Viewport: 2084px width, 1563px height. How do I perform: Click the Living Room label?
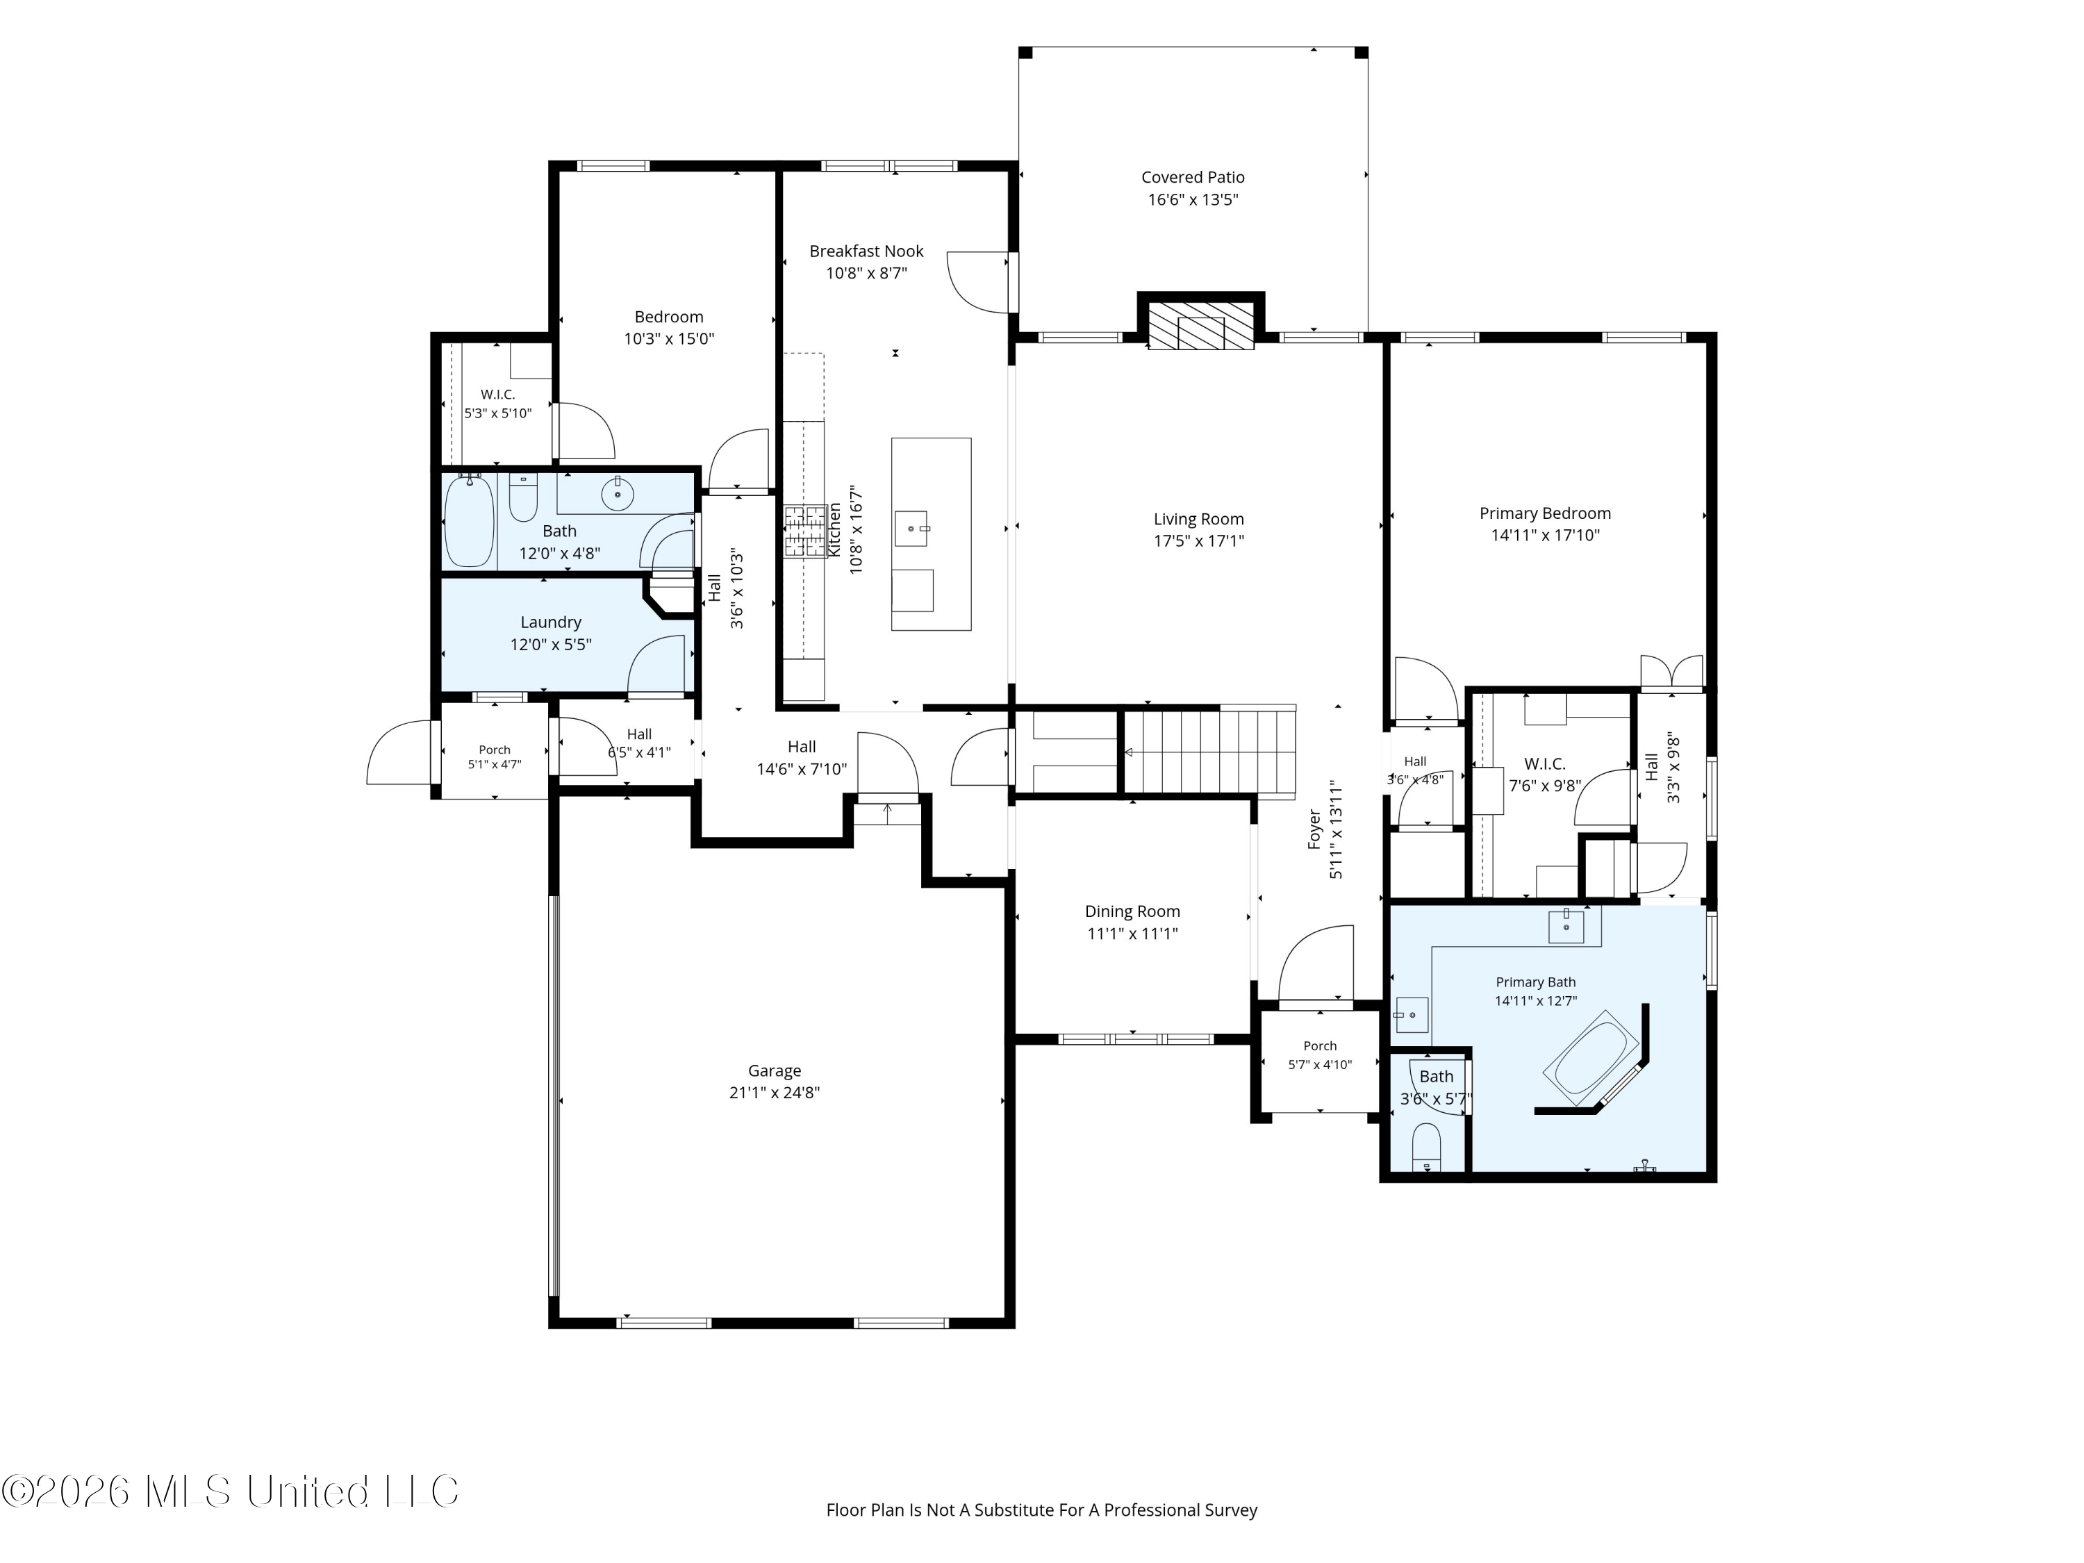pyautogui.click(x=1198, y=519)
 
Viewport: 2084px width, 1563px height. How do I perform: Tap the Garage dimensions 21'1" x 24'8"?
pyautogui.click(x=775, y=1093)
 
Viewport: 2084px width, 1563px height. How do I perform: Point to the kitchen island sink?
pyautogui.click(x=911, y=529)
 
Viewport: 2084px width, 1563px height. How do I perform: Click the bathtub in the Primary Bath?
pyautogui.click(x=1591, y=1058)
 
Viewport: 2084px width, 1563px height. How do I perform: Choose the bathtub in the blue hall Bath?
pyautogui.click(x=468, y=521)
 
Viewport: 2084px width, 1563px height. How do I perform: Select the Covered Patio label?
pyautogui.click(x=1193, y=177)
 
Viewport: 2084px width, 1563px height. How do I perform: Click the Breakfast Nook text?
pyautogui.click(x=867, y=251)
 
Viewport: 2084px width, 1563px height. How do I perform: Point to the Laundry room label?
pyautogui.click(x=551, y=622)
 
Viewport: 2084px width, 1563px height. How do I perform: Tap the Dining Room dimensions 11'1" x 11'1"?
pyautogui.click(x=1132, y=934)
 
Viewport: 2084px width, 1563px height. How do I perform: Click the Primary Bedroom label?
pyautogui.click(x=1545, y=513)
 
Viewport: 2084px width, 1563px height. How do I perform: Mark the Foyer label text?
pyautogui.click(x=1314, y=829)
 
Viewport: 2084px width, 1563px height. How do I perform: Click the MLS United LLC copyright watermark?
pyautogui.click(x=231, y=1491)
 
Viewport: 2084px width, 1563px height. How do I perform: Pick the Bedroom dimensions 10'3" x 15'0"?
pyautogui.click(x=669, y=339)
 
